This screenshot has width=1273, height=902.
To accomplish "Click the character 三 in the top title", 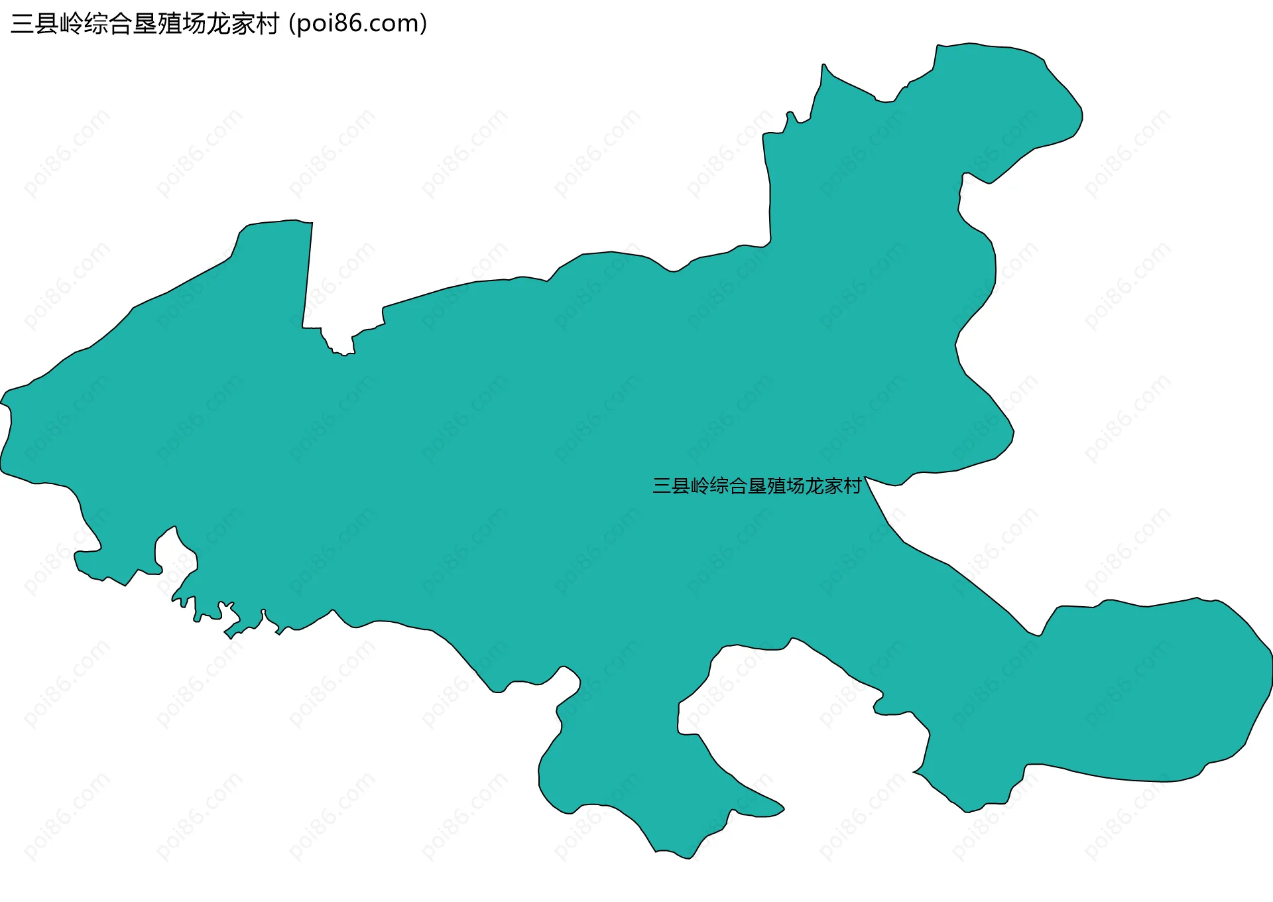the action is pyautogui.click(x=23, y=24).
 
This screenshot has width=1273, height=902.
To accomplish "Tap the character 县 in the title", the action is pyautogui.click(x=47, y=24).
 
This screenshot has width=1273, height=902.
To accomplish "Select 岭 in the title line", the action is pyautogui.click(x=72, y=24).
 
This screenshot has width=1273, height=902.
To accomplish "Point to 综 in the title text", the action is pyautogui.click(x=96, y=24).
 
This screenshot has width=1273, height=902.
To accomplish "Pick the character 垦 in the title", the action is pyautogui.click(x=145, y=24).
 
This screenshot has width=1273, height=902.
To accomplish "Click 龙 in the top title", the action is pyautogui.click(x=219, y=24).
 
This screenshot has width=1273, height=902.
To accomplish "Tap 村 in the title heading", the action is pyautogui.click(x=268, y=24).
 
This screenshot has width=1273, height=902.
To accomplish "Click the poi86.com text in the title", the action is pyautogui.click(x=358, y=24).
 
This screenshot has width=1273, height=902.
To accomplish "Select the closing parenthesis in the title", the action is pyautogui.click(x=423, y=24).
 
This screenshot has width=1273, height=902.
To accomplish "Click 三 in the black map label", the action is pyautogui.click(x=662, y=486).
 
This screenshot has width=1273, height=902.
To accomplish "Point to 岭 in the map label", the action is pyautogui.click(x=700, y=486).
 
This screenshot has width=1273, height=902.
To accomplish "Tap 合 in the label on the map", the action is pyautogui.click(x=738, y=486).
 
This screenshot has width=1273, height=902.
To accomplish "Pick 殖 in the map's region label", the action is pyautogui.click(x=776, y=486).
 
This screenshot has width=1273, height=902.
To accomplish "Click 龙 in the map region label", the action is pyautogui.click(x=814, y=486).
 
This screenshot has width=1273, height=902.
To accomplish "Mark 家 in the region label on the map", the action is pyautogui.click(x=833, y=486).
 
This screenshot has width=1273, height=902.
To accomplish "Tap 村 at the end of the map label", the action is pyautogui.click(x=852, y=486).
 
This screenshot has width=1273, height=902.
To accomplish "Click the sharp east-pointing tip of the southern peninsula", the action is pyautogui.click(x=783, y=808).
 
